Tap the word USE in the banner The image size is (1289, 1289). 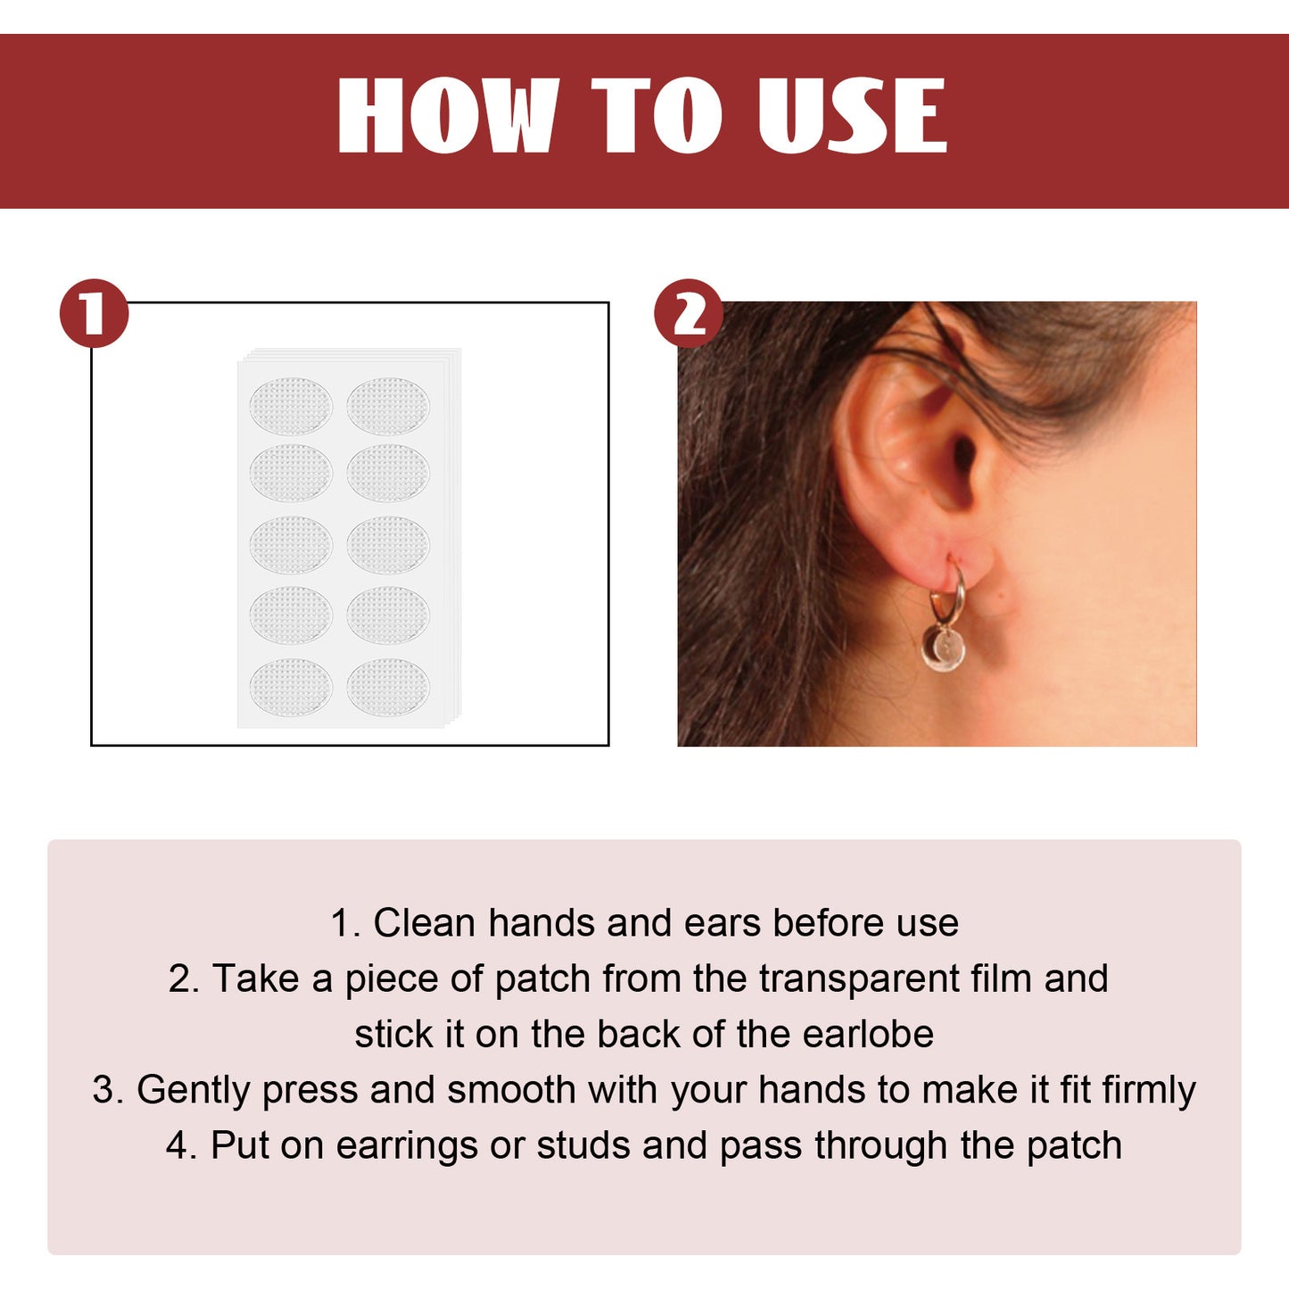tap(851, 115)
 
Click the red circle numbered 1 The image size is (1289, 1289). tap(94, 314)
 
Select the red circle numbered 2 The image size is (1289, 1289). tap(688, 314)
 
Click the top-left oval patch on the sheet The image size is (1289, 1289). tap(291, 406)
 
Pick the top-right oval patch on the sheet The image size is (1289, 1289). tap(388, 406)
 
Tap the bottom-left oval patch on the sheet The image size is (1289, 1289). tap(291, 687)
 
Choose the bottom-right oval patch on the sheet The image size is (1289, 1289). tap(388, 687)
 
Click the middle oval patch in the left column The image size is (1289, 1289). tap(291, 544)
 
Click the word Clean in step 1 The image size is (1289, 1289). tap(424, 923)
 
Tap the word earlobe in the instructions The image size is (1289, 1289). tap(867, 1035)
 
